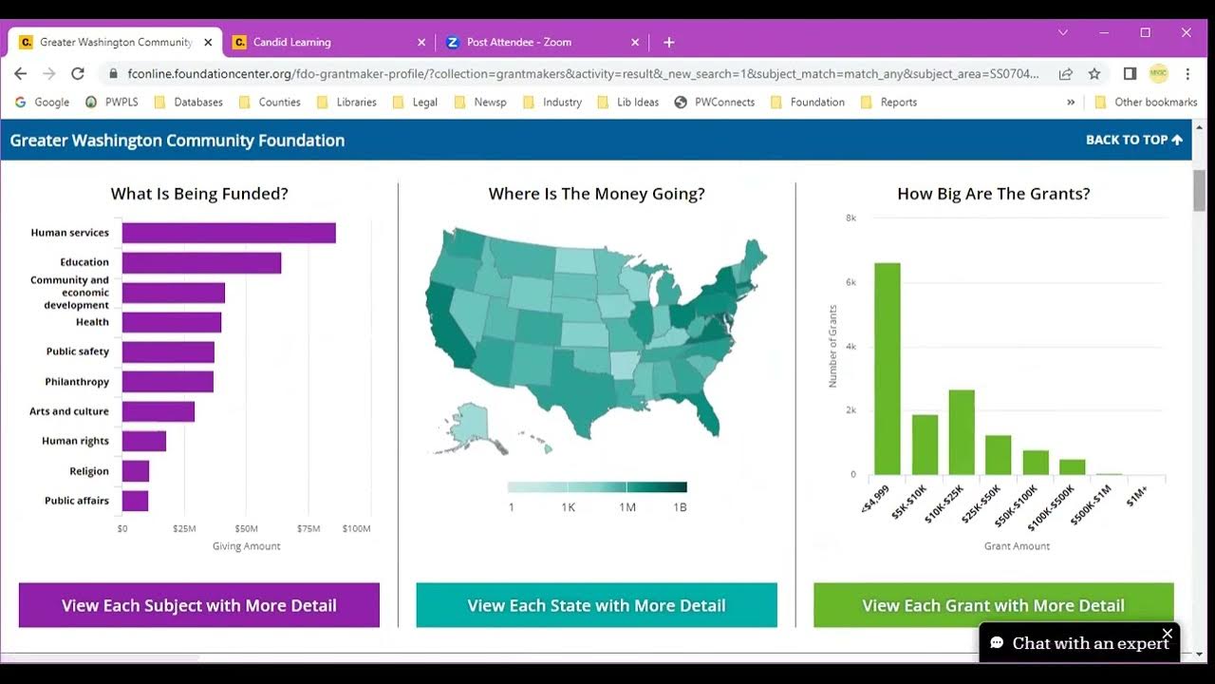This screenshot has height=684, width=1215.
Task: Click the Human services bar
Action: click(x=229, y=233)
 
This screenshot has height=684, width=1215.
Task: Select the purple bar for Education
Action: click(x=201, y=262)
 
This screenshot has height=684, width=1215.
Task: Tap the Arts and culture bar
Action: click(x=159, y=411)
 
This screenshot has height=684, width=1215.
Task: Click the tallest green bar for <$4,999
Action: click(x=887, y=369)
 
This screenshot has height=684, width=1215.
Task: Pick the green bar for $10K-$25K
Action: click(x=962, y=432)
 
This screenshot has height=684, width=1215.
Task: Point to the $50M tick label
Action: click(x=246, y=528)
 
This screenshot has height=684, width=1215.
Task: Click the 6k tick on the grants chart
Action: click(x=851, y=282)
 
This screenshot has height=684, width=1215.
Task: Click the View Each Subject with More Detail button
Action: click(x=199, y=605)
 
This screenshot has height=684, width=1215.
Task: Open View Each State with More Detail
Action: click(x=596, y=605)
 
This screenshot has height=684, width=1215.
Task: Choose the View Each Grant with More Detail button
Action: click(x=993, y=605)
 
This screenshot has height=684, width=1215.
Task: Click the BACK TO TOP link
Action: click(x=1133, y=140)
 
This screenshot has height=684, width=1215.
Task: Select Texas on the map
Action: click(x=579, y=389)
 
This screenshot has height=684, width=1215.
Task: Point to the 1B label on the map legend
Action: click(x=680, y=507)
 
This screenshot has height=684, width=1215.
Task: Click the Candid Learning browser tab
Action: click(x=292, y=42)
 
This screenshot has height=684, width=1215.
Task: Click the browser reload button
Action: click(x=78, y=73)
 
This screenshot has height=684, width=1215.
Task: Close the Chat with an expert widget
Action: click(x=1168, y=634)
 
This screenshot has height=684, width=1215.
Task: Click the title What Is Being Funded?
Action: click(x=199, y=194)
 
